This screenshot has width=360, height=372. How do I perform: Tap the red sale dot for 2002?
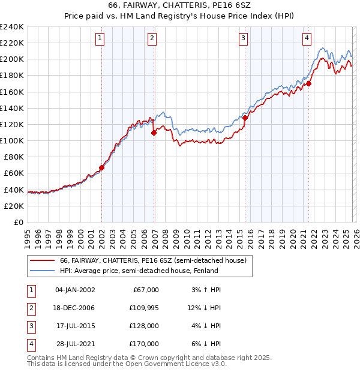pyautogui.click(x=101, y=168)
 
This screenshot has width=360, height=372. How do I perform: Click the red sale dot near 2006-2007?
pyautogui.click(x=154, y=133)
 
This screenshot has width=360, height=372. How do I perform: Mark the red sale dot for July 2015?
pyautogui.click(x=245, y=118)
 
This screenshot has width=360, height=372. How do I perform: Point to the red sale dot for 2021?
pyautogui.click(x=310, y=83)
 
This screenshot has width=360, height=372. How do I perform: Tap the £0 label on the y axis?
pyautogui.click(x=18, y=222)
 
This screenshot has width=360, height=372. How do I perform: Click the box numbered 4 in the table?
pyautogui.click(x=31, y=344)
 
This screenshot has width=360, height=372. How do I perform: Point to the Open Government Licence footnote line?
pyautogui.click(x=127, y=364)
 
